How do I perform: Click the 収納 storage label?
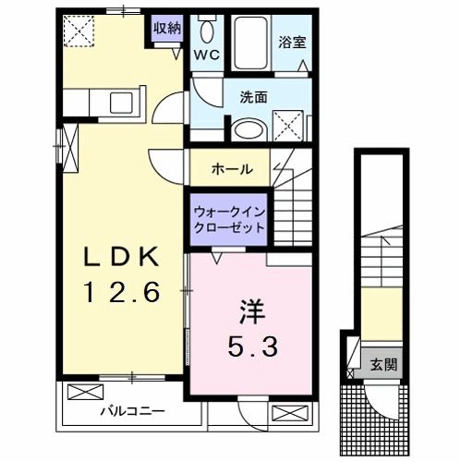167,28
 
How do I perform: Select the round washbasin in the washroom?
246,130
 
